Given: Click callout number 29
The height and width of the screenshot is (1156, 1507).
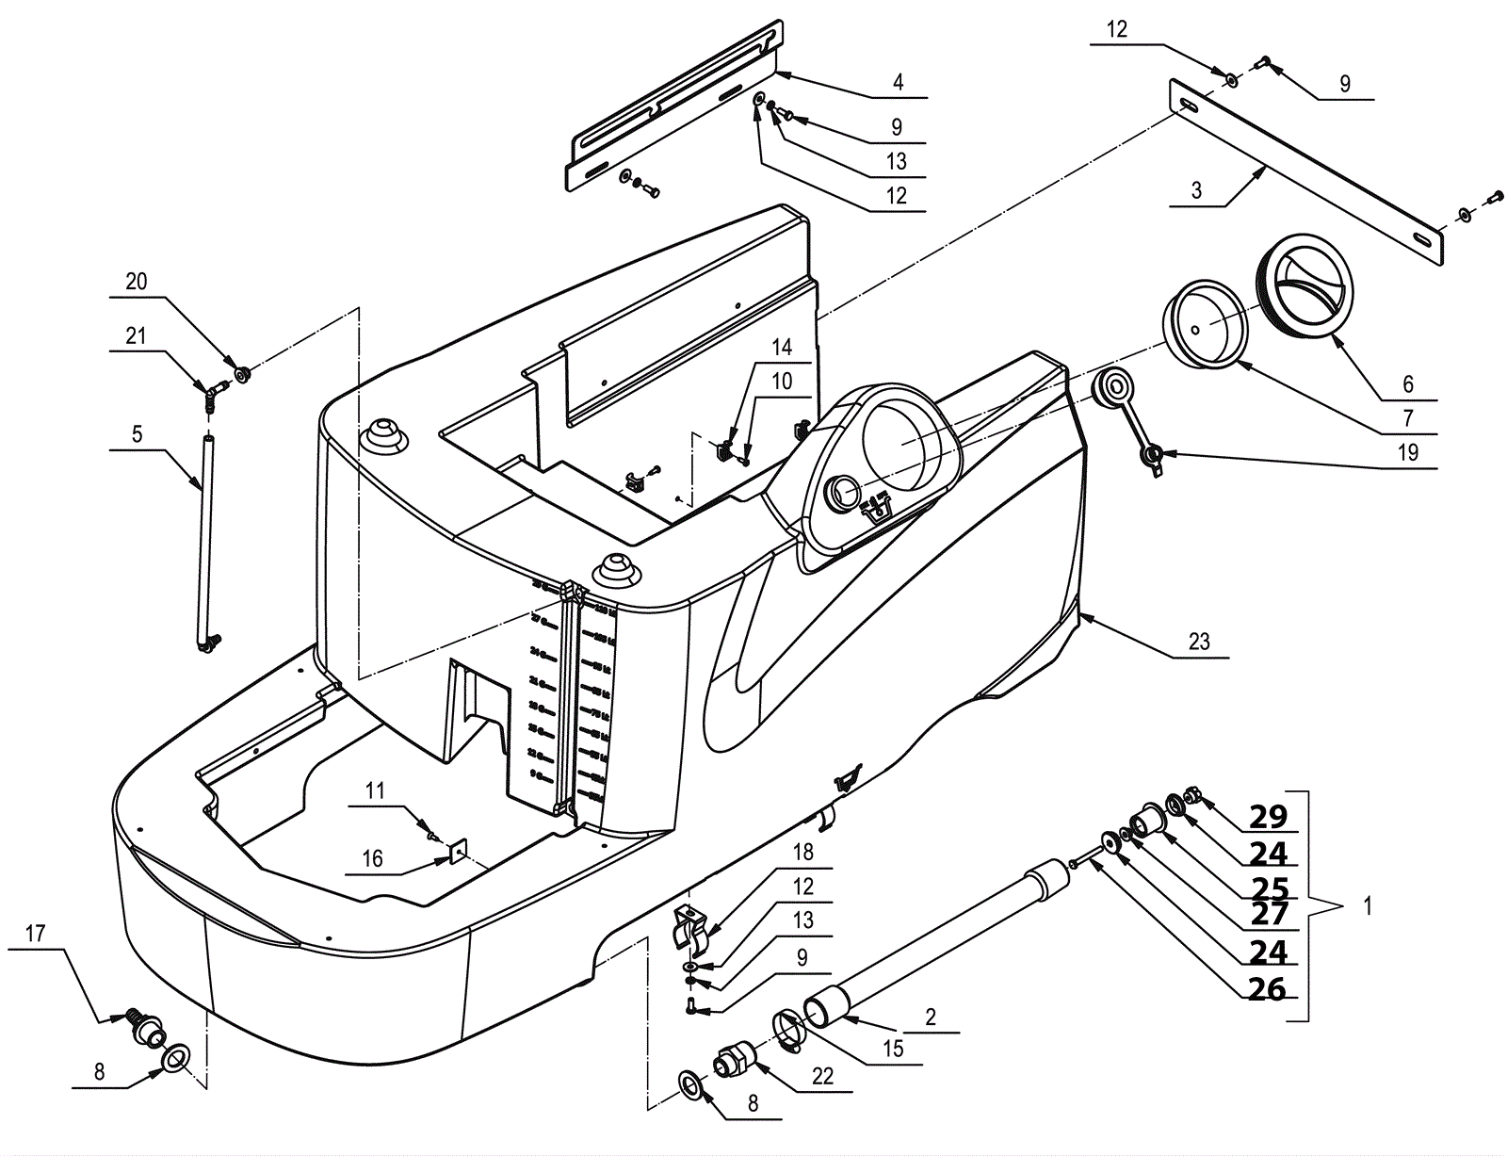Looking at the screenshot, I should point(1267,816).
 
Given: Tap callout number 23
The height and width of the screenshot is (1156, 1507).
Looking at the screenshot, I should point(1198,642).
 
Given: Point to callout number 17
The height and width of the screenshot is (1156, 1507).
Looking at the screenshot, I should point(35,934).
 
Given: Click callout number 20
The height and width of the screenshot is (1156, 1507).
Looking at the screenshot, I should point(137,282).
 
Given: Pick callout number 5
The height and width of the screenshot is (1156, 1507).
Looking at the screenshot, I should point(137,434).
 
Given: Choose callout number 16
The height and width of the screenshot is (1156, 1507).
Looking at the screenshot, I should point(373,858).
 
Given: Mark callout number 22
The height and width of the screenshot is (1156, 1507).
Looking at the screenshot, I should point(822,1076).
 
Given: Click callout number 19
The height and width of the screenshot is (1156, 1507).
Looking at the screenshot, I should point(1407,452).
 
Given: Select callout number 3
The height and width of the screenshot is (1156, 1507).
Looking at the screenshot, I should point(1196,189).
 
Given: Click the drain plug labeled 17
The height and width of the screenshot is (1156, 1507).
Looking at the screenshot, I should point(146,1030).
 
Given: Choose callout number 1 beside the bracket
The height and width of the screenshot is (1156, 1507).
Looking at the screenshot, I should point(1368,906).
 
